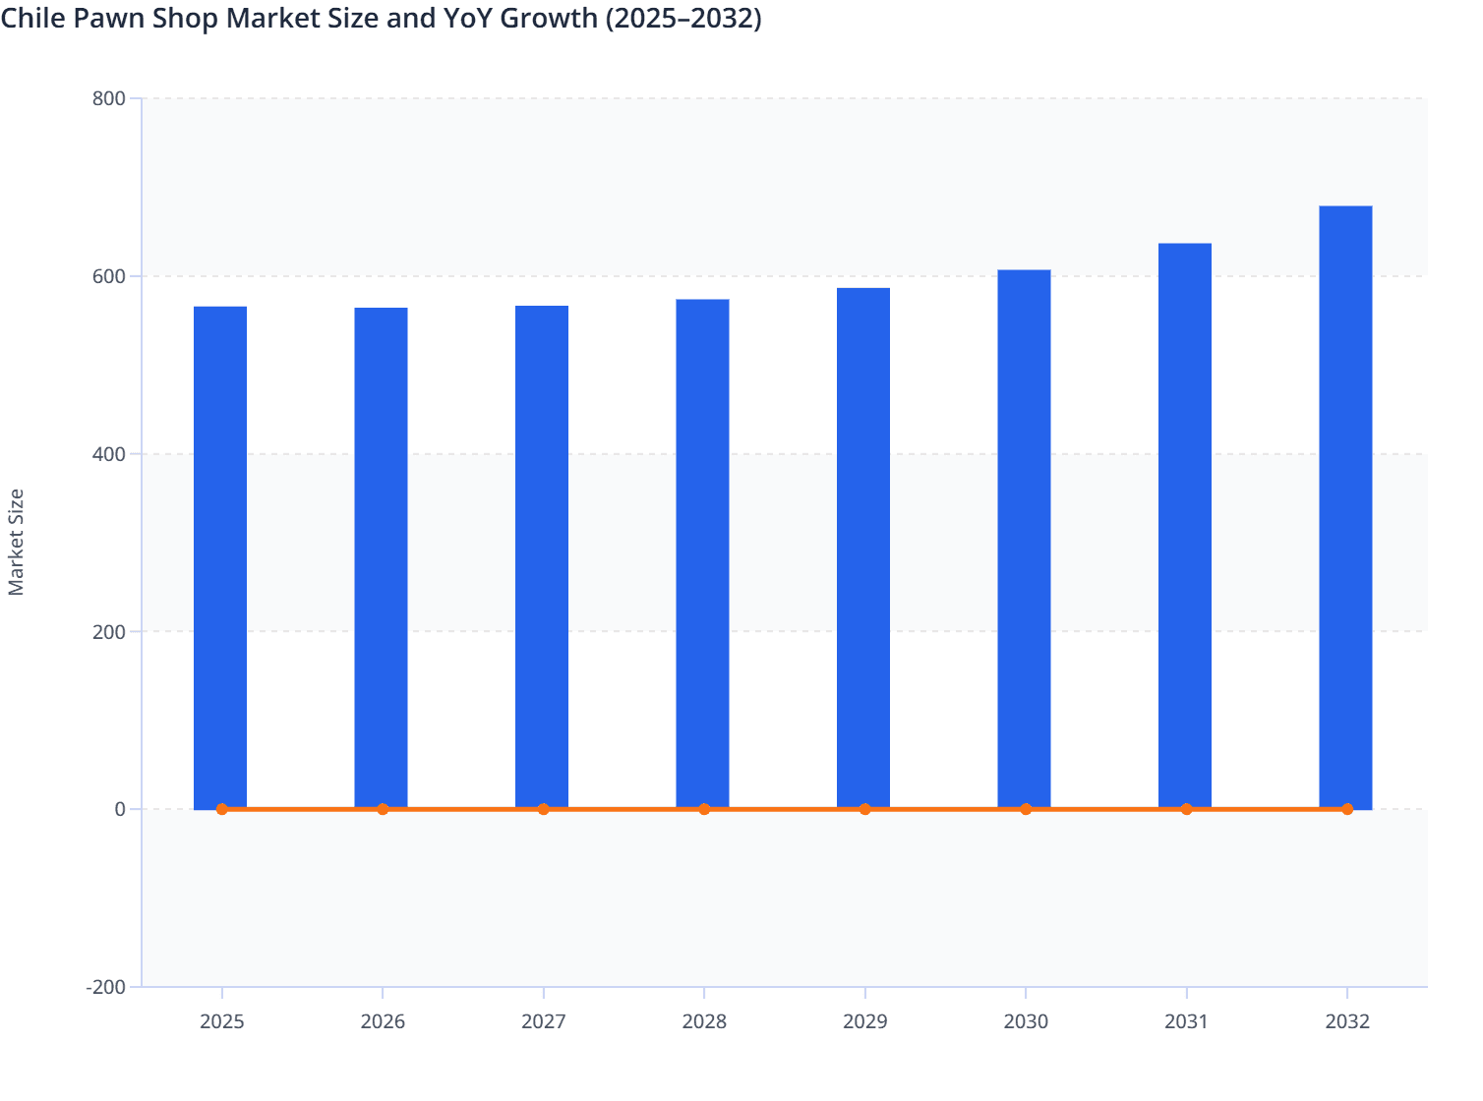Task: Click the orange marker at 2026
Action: pyautogui.click(x=383, y=809)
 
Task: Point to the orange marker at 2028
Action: pyautogui.click(x=704, y=809)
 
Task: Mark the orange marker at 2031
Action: pyautogui.click(x=1186, y=809)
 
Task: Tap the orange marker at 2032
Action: pyautogui.click(x=1346, y=809)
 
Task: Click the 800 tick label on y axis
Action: pyautogui.click(x=109, y=98)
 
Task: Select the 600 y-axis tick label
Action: pyautogui.click(x=109, y=276)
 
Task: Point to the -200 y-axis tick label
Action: pyautogui.click(x=106, y=987)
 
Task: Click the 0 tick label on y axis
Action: pyautogui.click(x=120, y=809)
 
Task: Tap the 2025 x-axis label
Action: pyautogui.click(x=221, y=1021)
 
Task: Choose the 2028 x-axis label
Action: pyautogui.click(x=704, y=1021)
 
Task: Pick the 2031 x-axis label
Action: pyautogui.click(x=1186, y=1021)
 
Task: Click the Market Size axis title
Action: pyautogui.click(x=16, y=542)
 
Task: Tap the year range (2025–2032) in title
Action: pyautogui.click(x=683, y=18)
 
